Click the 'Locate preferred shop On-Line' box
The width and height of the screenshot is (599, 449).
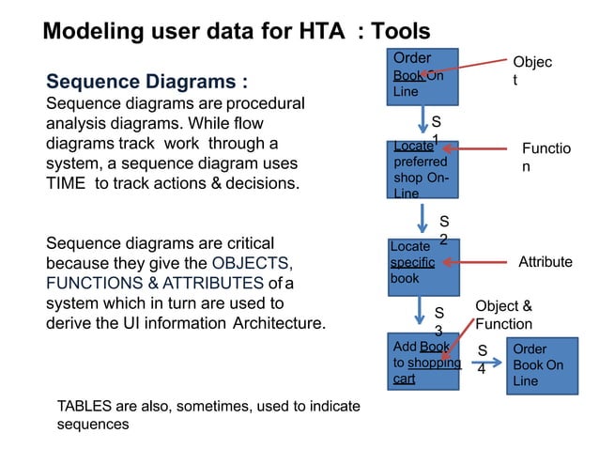tap(422, 170)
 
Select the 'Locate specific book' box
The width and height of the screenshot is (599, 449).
tap(422, 266)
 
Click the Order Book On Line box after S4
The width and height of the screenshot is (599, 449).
tap(539, 364)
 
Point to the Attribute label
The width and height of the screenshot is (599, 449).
tap(545, 262)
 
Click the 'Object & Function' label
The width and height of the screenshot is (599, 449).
tap(504, 316)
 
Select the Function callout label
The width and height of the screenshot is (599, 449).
tap(546, 157)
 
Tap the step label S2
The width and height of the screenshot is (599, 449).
tap(444, 231)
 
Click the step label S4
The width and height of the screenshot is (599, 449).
tap(483, 360)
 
